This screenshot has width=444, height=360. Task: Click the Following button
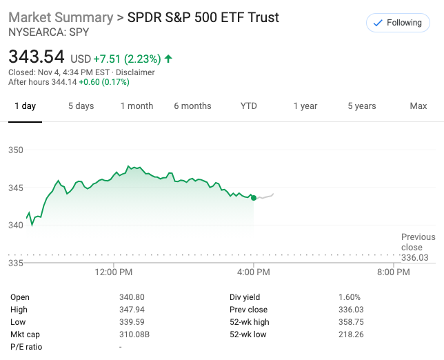click(397, 23)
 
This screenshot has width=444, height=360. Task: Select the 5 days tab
click(81, 106)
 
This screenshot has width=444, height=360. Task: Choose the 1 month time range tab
click(137, 106)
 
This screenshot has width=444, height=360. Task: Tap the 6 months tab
click(192, 106)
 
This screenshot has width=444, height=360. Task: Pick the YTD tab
click(248, 106)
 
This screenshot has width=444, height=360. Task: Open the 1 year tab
click(305, 106)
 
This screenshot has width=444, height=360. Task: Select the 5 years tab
click(361, 106)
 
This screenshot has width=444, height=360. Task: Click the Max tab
click(418, 106)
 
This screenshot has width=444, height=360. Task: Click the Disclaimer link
click(135, 72)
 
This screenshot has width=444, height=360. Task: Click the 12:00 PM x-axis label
click(113, 272)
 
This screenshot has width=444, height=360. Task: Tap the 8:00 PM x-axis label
click(394, 272)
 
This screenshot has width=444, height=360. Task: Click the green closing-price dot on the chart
click(254, 198)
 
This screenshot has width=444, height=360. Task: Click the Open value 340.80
click(132, 297)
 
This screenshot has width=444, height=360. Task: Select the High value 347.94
click(132, 310)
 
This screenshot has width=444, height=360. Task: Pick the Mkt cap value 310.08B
click(134, 334)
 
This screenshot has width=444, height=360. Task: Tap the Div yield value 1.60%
click(350, 297)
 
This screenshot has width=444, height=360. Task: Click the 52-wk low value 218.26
click(350, 334)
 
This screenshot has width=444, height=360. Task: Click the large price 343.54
click(37, 56)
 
